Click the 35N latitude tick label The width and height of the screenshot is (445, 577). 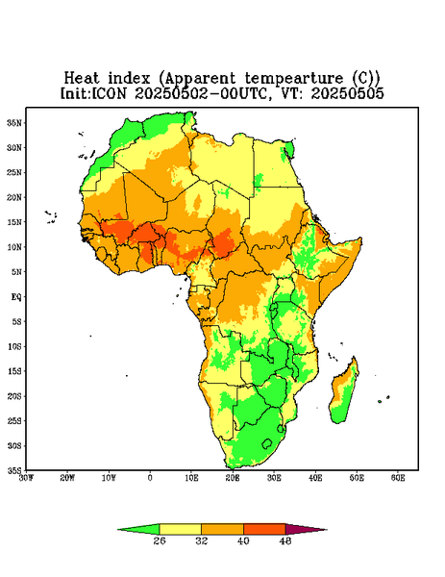(14, 122)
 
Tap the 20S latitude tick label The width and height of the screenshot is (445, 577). (14, 396)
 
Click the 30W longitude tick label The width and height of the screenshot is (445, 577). (26, 478)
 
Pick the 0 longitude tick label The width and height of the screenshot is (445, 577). (150, 478)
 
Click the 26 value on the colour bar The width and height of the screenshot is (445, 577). (160, 540)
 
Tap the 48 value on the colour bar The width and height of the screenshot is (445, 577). (285, 540)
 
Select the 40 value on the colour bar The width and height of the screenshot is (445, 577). (243, 540)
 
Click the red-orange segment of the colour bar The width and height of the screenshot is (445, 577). (264, 530)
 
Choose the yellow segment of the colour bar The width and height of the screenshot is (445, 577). (180, 530)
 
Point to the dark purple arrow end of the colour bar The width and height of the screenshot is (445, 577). (306, 530)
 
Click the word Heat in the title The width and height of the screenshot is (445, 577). (82, 79)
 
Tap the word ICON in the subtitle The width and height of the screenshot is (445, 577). (109, 93)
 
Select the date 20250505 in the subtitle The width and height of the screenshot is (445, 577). (348, 93)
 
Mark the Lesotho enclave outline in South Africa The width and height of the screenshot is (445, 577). (267, 443)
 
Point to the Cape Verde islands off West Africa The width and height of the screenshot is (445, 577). (51, 216)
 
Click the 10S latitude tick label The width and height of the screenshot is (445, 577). (14, 346)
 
